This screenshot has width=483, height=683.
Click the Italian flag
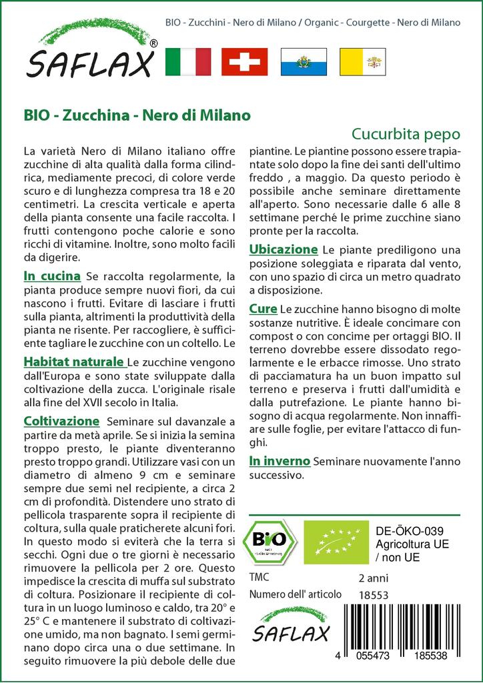click(x=187, y=61)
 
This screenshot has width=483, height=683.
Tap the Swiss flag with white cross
click(x=245, y=61)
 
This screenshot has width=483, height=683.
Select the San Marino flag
click(x=304, y=61)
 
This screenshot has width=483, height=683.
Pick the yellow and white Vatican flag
click(x=362, y=61)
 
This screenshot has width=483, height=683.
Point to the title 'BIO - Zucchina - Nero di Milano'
click(x=137, y=115)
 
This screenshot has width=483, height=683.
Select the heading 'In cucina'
click(x=52, y=276)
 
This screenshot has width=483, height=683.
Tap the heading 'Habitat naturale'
click(x=74, y=362)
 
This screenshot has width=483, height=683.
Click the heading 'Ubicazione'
click(x=283, y=249)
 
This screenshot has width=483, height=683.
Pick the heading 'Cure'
click(x=263, y=309)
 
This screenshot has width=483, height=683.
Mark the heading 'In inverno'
click(x=280, y=461)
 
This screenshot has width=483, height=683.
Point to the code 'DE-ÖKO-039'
click(x=405, y=531)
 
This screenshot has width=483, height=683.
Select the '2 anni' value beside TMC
click(x=373, y=578)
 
